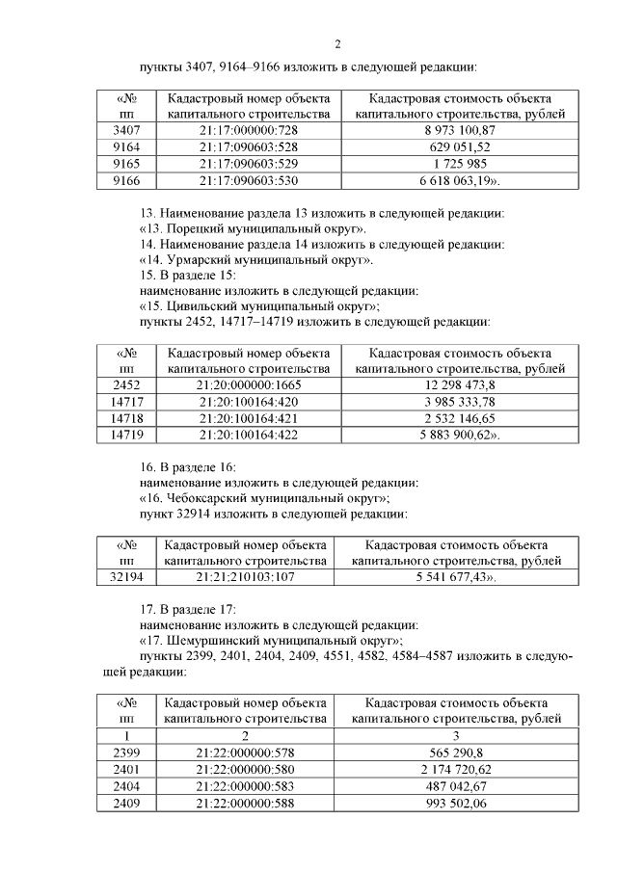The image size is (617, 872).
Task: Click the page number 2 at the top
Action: coord(337,43)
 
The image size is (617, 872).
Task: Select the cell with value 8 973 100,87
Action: coord(459,130)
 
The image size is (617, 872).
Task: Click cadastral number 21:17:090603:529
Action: coord(249,163)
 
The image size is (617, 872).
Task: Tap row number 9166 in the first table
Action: coord(126,179)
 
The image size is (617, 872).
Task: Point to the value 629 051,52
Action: coord(459,146)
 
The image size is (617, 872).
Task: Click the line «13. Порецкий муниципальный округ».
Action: coord(253,228)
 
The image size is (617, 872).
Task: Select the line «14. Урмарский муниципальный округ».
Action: coord(255,259)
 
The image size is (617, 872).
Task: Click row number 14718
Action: coord(126,418)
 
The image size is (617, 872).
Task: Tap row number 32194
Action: coord(126,576)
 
